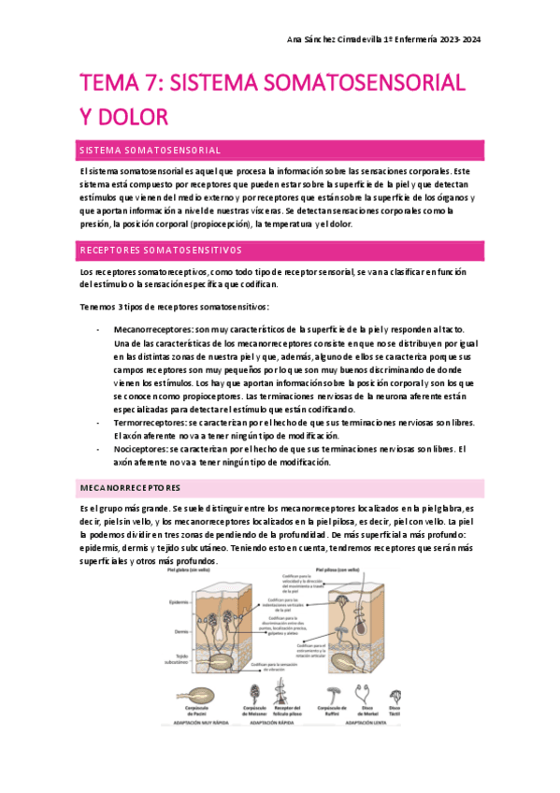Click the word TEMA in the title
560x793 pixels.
pyautogui.click(x=107, y=82)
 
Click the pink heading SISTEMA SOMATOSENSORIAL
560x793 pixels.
pyautogui.click(x=150, y=150)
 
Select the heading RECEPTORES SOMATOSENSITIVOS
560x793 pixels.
pyautogui.click(x=160, y=251)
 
